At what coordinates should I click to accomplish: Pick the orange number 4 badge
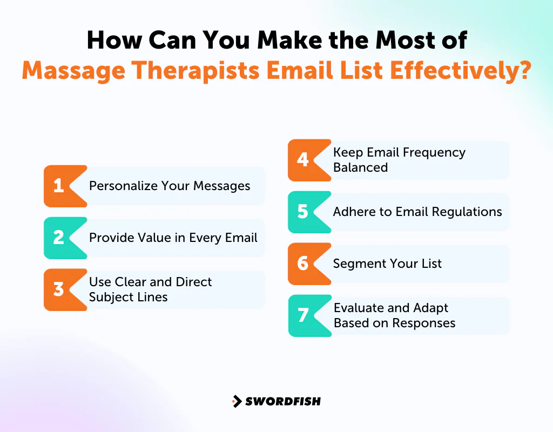coord(304,160)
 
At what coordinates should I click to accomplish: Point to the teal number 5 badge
coord(304,212)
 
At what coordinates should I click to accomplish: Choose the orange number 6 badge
coord(304,264)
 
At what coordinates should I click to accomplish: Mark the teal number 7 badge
coord(304,315)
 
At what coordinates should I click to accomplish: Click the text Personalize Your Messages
coord(170,186)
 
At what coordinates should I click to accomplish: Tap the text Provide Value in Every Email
coord(173,238)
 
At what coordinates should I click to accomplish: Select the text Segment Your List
coord(387,264)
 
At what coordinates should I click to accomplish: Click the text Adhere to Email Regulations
coord(417,212)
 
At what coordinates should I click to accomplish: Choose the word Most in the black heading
coord(391,40)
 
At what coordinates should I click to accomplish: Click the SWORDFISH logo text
coord(283,401)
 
